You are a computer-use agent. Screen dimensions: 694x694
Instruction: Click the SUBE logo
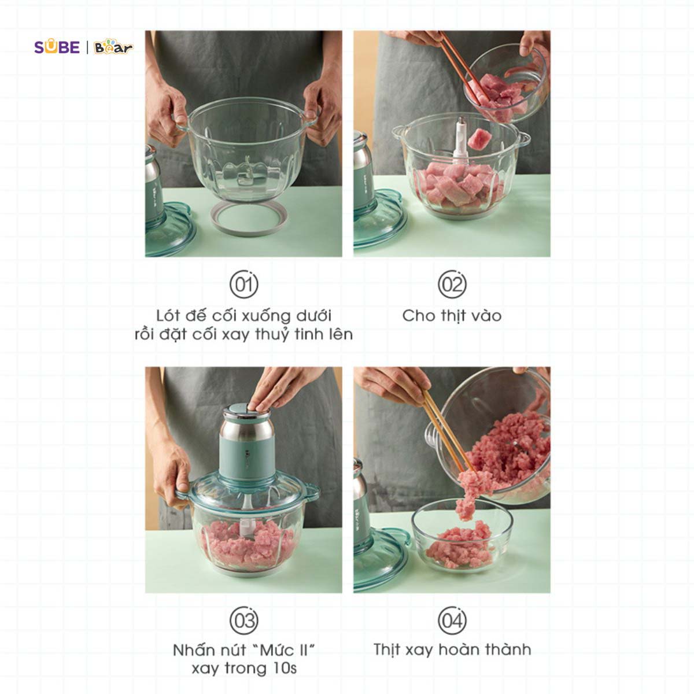click(57, 47)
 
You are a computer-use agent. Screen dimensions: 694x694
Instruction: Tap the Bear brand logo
click(113, 47)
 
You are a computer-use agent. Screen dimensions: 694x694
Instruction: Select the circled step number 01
click(244, 284)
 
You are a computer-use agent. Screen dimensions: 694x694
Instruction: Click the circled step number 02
click(452, 284)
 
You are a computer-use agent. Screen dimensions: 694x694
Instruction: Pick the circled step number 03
click(244, 621)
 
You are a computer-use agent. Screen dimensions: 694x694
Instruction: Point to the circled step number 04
click(452, 621)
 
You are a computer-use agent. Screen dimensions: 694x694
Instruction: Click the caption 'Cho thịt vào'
click(452, 316)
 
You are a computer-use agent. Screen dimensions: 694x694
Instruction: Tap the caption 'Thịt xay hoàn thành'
click(452, 650)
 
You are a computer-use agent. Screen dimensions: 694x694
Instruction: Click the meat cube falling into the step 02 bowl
click(479, 139)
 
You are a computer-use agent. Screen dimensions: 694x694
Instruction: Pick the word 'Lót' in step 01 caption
click(168, 316)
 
